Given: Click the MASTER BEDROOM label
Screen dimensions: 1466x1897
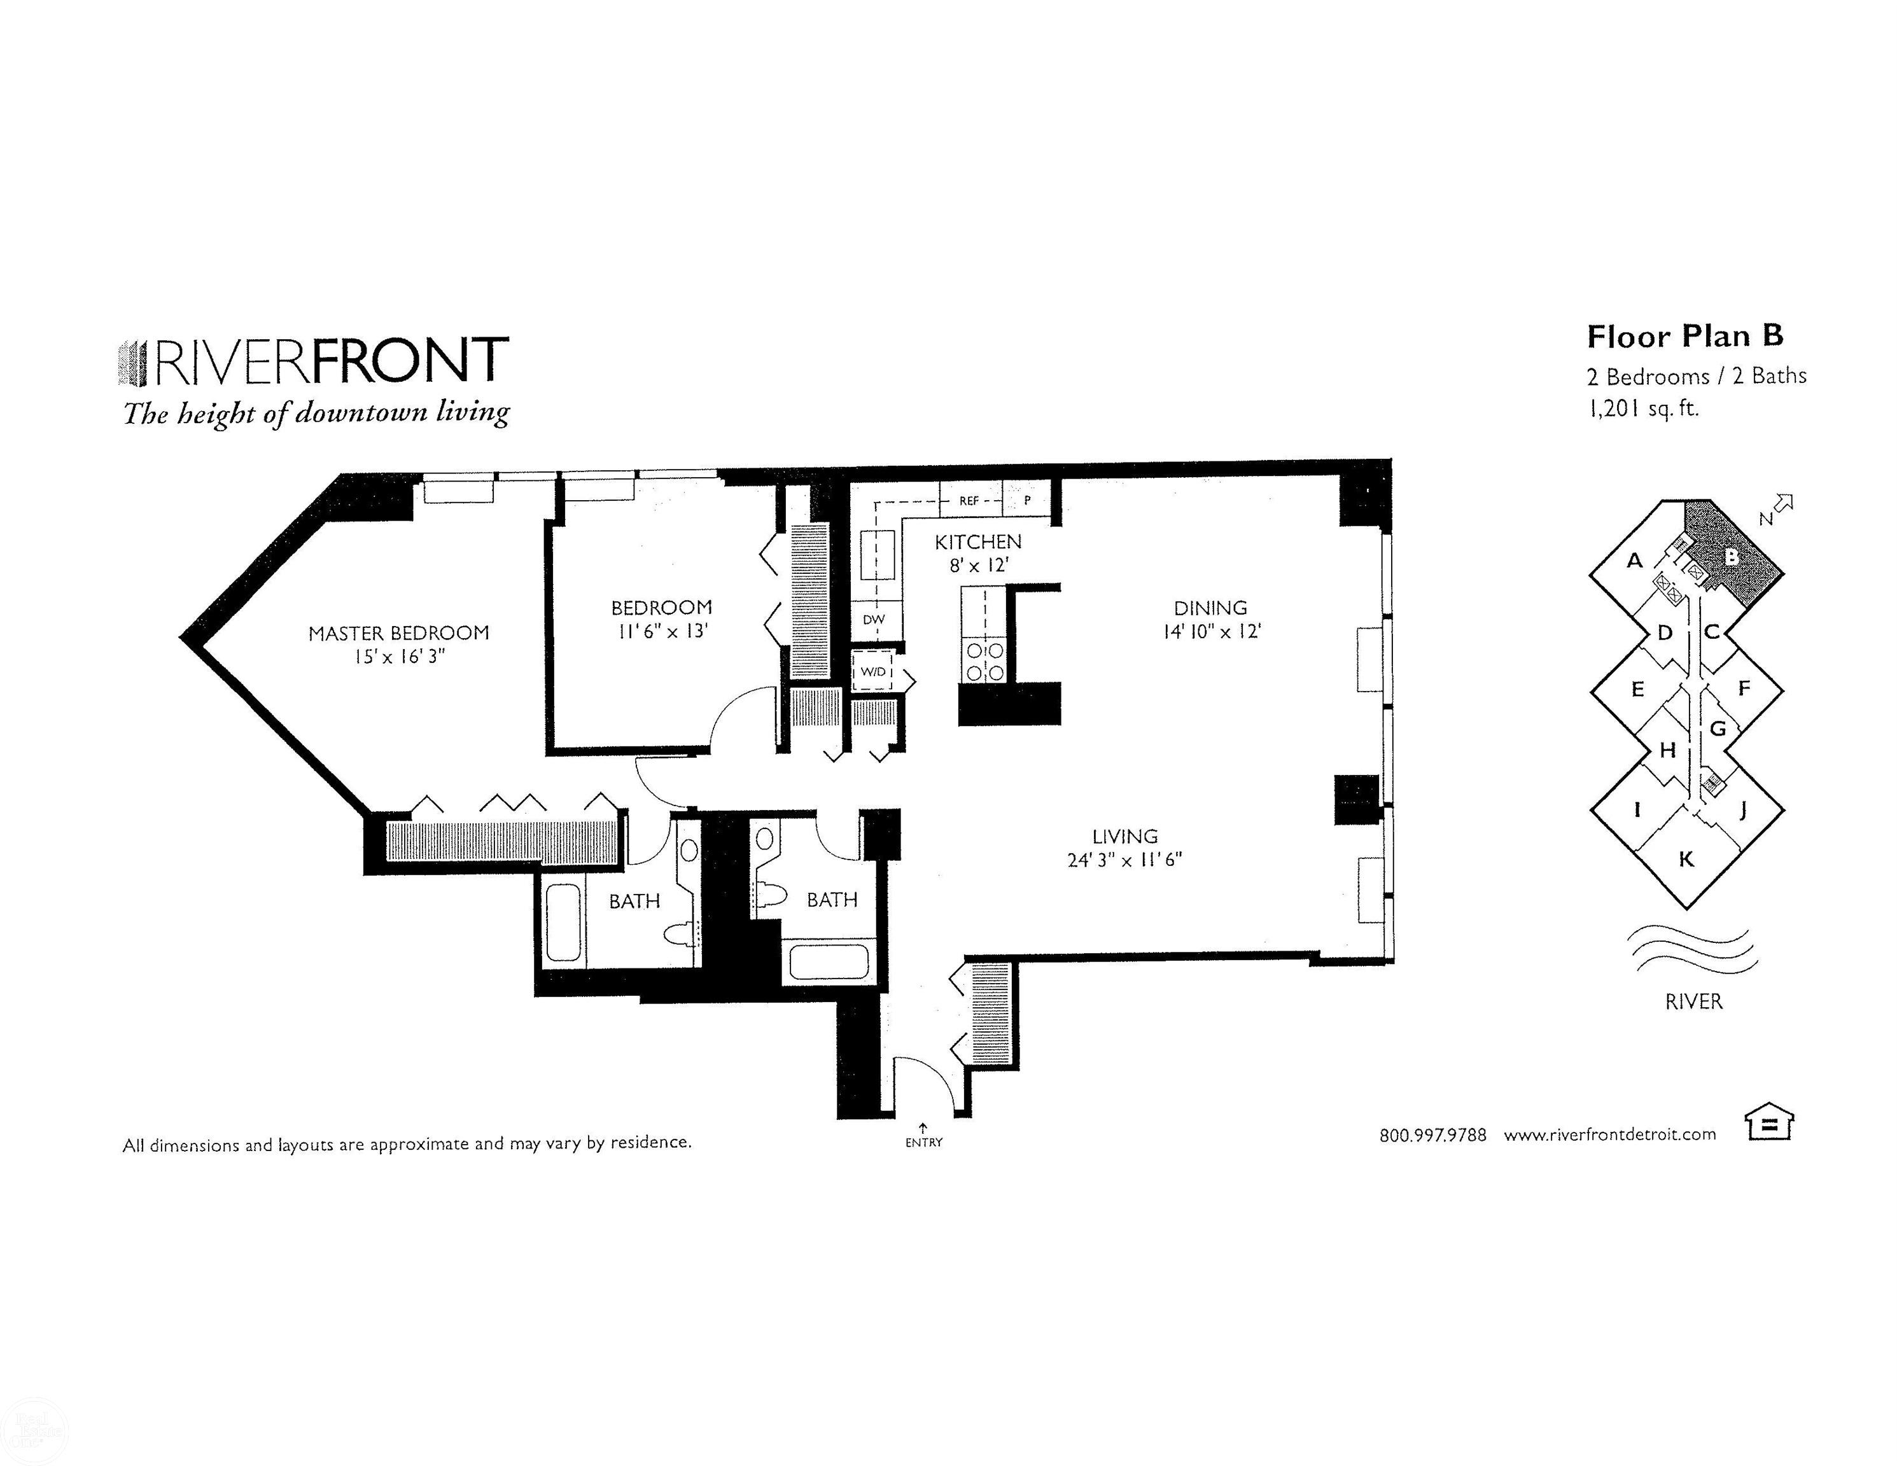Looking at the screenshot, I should pyautogui.click(x=399, y=633).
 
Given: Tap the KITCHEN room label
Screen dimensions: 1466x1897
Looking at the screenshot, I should pyautogui.click(x=977, y=542).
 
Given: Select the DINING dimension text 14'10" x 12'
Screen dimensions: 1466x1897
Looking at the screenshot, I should pyautogui.click(x=1212, y=631).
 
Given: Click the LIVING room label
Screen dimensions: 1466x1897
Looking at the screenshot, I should pyautogui.click(x=1125, y=836).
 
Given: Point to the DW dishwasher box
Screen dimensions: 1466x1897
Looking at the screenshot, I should pyautogui.click(x=874, y=619).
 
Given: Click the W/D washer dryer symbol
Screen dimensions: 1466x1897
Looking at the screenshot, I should pyautogui.click(x=873, y=671).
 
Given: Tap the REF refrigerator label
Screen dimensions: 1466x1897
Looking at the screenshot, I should pyautogui.click(x=969, y=501).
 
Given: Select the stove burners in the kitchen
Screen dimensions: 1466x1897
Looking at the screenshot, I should pyautogui.click(x=986, y=661).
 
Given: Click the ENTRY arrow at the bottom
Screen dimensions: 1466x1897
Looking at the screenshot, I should pyautogui.click(x=923, y=1129).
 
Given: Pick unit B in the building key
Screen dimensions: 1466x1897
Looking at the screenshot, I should pyautogui.click(x=1731, y=557).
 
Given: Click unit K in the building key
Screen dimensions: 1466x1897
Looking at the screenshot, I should pyautogui.click(x=1686, y=859).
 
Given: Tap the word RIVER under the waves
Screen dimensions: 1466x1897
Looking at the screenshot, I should pyautogui.click(x=1693, y=1002).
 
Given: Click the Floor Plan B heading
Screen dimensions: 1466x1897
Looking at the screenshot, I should pyautogui.click(x=1684, y=336).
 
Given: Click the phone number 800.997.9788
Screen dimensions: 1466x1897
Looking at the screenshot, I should pyautogui.click(x=1432, y=1135).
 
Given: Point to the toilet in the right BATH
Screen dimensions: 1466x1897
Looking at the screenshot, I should pyautogui.click(x=769, y=895).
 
